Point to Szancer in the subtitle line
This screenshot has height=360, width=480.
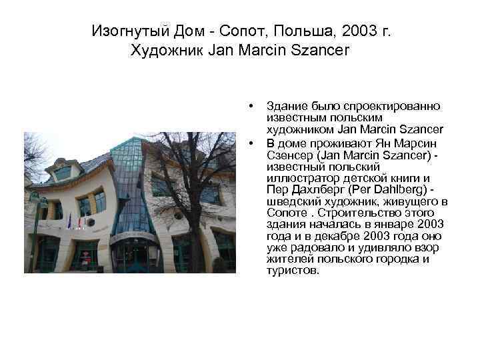[x=319, y=50]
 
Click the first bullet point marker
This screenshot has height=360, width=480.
[x=251, y=106]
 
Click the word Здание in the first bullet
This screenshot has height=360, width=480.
[x=285, y=106]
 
